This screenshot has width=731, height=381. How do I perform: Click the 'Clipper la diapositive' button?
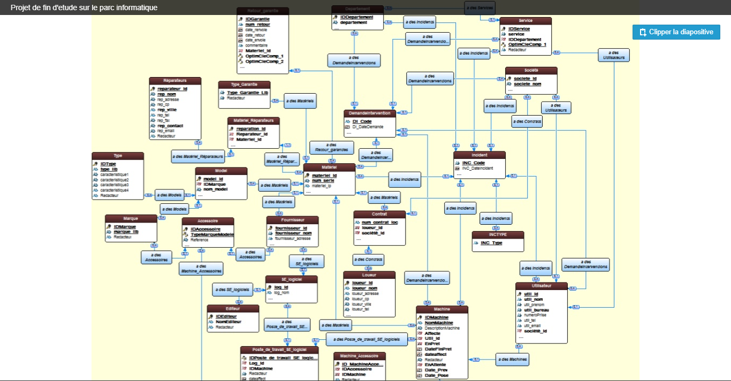click(x=676, y=32)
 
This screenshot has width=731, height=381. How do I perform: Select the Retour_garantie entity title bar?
click(x=262, y=11)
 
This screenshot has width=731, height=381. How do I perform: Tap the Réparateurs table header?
click(x=175, y=81)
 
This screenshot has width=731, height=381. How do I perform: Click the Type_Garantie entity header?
click(x=244, y=85)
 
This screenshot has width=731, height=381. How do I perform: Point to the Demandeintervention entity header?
click(x=370, y=113)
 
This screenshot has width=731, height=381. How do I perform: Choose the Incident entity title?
click(x=479, y=155)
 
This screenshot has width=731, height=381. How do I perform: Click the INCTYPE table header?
click(x=498, y=235)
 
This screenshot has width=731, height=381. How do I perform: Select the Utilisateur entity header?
click(x=542, y=286)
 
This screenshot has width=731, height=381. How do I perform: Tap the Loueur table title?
click(x=369, y=275)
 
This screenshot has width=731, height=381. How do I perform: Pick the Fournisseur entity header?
click(x=292, y=219)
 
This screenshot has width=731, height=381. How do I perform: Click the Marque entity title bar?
click(x=131, y=218)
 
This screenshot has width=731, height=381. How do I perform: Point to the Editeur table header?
click(x=233, y=309)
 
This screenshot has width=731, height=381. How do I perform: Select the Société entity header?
click(x=531, y=70)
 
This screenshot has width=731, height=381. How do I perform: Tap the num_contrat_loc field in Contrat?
click(x=379, y=222)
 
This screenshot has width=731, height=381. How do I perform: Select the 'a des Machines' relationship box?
click(x=512, y=359)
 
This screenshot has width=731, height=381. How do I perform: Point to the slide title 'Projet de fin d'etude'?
click(x=84, y=7)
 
